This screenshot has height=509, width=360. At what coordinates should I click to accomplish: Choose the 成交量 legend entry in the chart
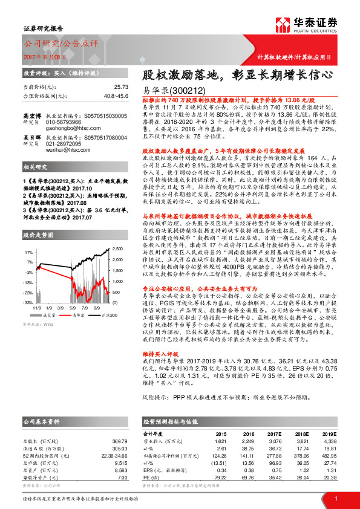click(49, 314)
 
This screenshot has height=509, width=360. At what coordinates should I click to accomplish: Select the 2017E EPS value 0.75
click(264, 470)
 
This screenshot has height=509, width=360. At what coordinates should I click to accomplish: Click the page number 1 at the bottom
click(335, 498)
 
